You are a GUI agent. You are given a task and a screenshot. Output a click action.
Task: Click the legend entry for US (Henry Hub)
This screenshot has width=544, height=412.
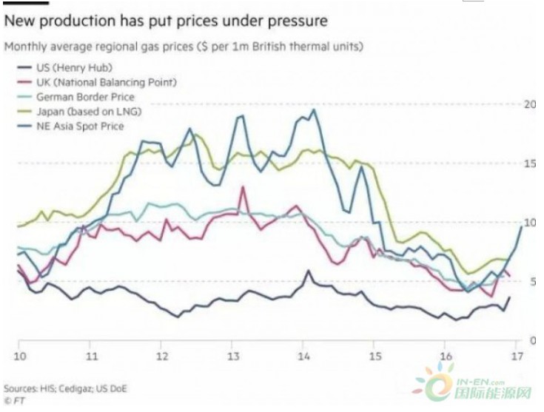coord(56,68)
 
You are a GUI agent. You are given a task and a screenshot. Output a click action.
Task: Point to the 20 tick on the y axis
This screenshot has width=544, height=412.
coord(528,104)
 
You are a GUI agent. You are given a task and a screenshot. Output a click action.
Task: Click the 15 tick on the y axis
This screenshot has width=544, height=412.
coord(528,163)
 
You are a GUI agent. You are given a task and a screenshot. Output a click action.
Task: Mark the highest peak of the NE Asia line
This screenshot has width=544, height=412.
coord(315,110)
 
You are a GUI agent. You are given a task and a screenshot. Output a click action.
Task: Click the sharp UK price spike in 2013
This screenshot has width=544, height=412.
coord(242,187)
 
